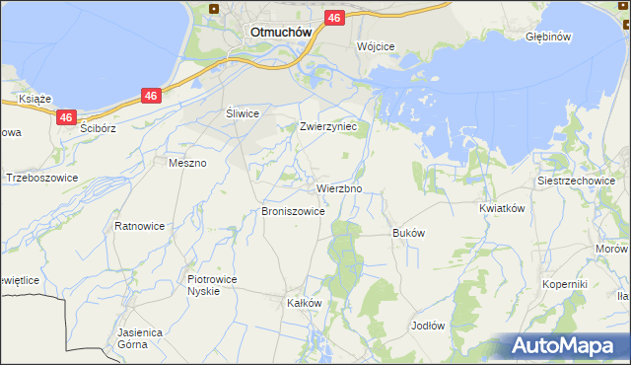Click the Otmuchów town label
281,31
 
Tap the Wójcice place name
376,46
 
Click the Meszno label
187,163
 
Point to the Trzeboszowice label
41,179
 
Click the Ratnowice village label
139,226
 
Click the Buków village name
408,233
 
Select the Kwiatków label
500,208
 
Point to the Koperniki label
565,284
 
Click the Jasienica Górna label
139,339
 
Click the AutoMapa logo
565,346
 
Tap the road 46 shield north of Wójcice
334,18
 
